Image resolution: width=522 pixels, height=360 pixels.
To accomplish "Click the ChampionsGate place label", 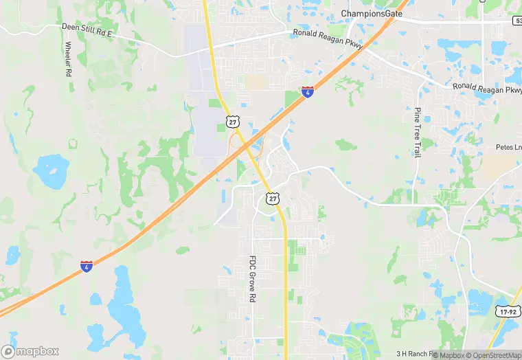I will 372,14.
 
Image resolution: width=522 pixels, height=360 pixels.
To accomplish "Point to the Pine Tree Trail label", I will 417,133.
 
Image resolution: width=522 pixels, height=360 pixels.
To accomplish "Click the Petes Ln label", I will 508,147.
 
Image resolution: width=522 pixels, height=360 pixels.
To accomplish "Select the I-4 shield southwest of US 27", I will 87,266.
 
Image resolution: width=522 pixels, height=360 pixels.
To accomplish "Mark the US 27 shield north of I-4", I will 234,122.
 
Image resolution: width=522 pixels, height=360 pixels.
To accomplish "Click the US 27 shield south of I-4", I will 273,199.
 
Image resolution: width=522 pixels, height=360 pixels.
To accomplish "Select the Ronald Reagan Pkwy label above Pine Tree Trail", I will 487,89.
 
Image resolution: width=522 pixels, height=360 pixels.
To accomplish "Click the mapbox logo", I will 30,351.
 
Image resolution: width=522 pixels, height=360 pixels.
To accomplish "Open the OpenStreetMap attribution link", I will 494,355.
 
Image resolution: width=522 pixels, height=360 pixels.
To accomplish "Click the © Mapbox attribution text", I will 451,355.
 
